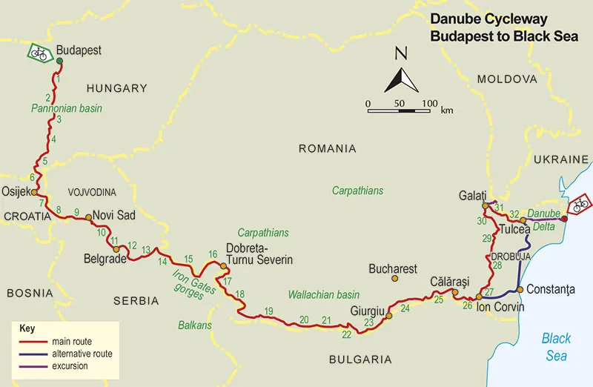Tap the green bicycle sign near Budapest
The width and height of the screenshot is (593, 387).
[x=39, y=53]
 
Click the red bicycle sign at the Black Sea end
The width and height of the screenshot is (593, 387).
[x=580, y=203]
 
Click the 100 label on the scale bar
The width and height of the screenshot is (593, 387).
[x=430, y=102]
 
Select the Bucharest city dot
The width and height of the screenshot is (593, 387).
[x=394, y=279]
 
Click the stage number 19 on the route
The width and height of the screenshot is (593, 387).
[x=268, y=310]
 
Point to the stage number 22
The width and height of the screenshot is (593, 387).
[x=346, y=334]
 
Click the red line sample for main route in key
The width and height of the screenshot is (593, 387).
[x=33, y=342]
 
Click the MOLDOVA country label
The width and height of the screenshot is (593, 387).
[x=506, y=79]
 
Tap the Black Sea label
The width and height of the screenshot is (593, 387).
[x=556, y=347]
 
